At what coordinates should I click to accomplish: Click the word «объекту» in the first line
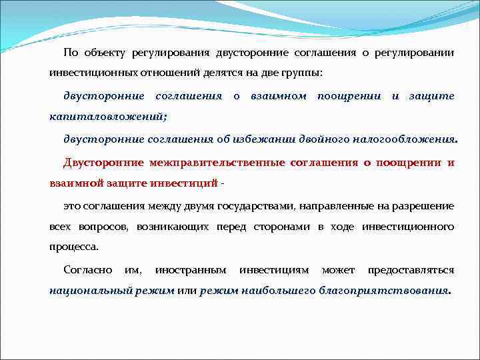(x=106, y=53)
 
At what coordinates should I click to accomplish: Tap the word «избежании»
(x=260, y=139)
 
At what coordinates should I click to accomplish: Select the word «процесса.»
(x=74, y=246)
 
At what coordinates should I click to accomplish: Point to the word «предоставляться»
(x=411, y=270)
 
